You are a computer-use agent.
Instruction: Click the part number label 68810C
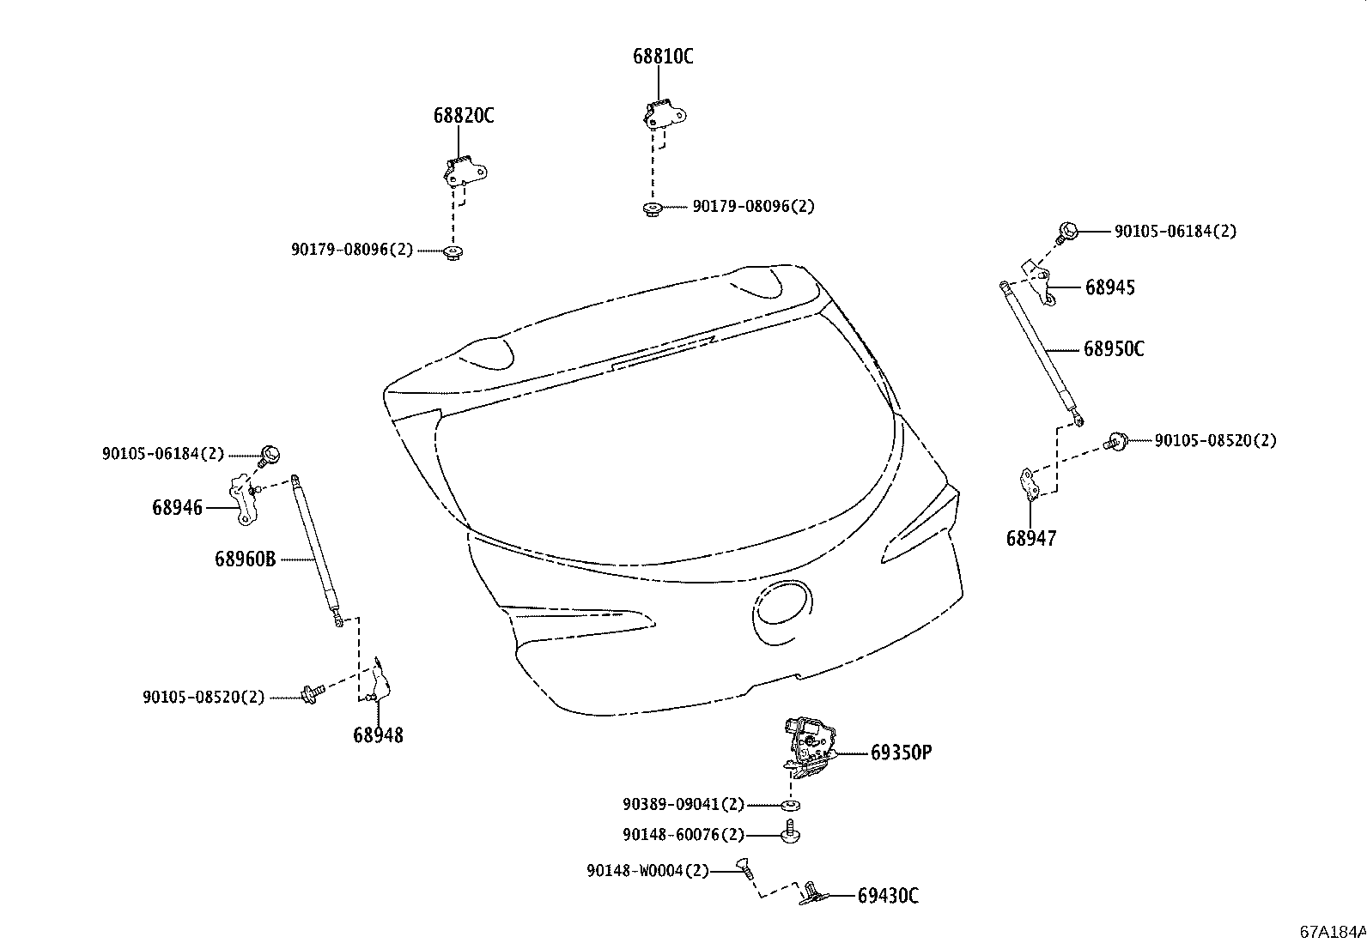663,57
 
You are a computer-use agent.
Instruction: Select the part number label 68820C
463,116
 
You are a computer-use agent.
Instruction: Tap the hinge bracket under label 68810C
664,114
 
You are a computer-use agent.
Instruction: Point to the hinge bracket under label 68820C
464,172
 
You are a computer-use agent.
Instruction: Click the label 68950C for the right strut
1114,349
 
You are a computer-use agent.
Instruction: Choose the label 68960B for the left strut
245,559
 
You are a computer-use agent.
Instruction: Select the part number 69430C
888,896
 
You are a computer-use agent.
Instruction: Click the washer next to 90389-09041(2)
788,805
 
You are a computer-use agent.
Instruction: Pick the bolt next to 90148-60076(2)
790,833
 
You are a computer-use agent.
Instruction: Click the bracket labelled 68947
1027,482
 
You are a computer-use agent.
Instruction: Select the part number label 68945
1109,287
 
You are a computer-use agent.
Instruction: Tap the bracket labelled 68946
242,500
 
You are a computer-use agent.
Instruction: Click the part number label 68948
377,734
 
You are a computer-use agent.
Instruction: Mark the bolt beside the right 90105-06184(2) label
1067,232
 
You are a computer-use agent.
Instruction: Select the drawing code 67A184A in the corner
1332,932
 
